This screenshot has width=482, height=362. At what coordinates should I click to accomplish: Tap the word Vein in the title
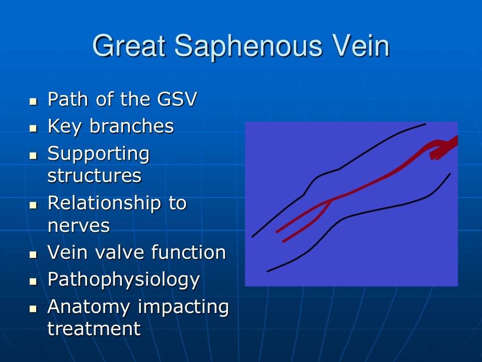[362, 47]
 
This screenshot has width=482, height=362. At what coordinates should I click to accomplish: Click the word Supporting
[98, 154]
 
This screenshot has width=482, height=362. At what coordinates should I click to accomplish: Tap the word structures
[94, 176]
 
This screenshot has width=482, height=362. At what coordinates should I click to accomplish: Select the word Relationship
[104, 203]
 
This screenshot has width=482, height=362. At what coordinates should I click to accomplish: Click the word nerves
[79, 226]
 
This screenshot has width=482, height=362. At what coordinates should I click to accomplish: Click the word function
[188, 253]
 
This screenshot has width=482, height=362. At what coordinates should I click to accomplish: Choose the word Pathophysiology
[124, 280]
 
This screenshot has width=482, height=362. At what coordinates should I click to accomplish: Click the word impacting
[184, 307]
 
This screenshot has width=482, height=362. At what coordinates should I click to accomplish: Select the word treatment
[94, 329]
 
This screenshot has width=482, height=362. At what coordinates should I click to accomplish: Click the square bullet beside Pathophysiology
[33, 282]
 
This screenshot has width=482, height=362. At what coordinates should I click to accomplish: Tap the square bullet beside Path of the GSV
[33, 101]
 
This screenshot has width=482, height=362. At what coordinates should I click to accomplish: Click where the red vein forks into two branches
[331, 200]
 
